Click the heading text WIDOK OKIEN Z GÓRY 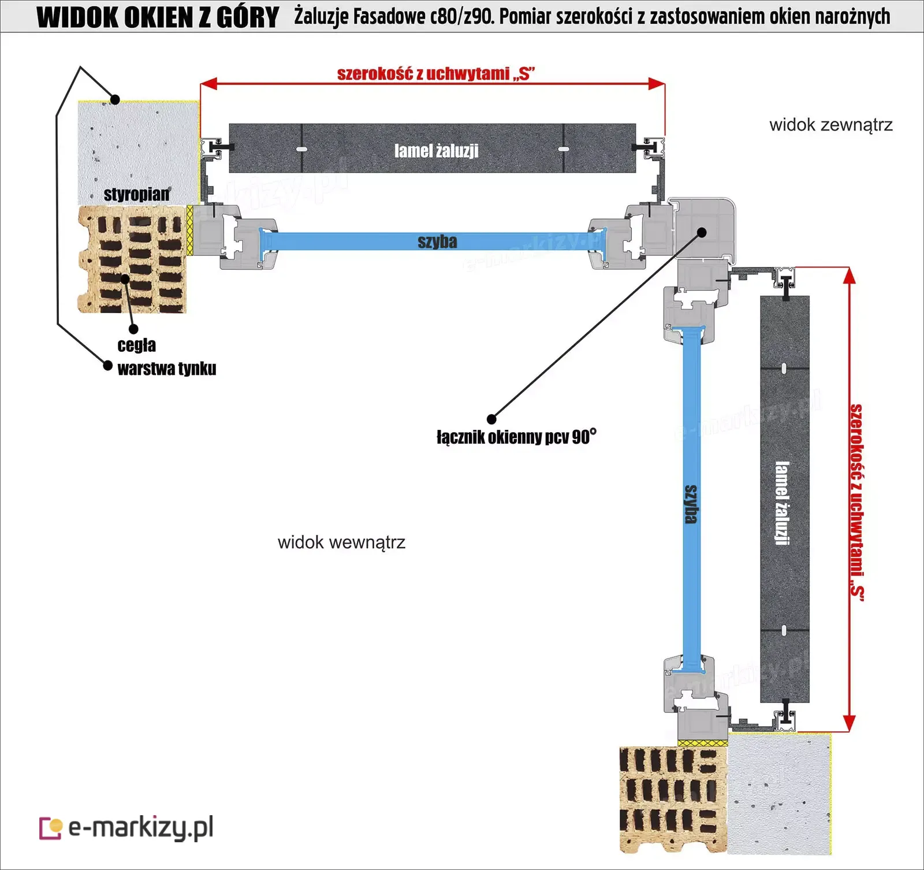(158, 17)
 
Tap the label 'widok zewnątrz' (831, 125)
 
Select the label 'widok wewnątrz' (341, 542)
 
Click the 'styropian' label (137, 194)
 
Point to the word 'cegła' (136, 345)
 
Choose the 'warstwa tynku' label (167, 369)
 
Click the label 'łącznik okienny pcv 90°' (516, 436)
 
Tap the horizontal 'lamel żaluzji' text (437, 151)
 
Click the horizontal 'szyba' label (437, 241)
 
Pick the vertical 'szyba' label (691, 504)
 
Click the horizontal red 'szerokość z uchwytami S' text (436, 74)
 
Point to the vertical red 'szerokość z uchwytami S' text (857, 503)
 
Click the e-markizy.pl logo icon (50, 828)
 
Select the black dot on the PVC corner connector (702, 232)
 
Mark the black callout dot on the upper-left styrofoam (115, 99)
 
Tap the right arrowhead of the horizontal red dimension (657, 83)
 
